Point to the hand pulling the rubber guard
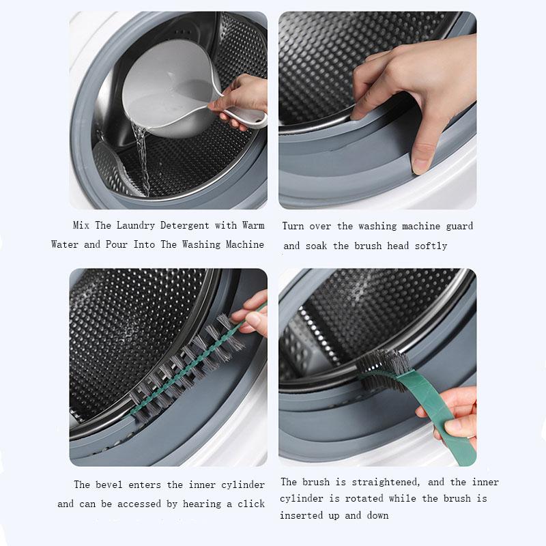point(416,96)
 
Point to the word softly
point(431,246)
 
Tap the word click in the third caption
point(250,504)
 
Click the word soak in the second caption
point(317,246)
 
